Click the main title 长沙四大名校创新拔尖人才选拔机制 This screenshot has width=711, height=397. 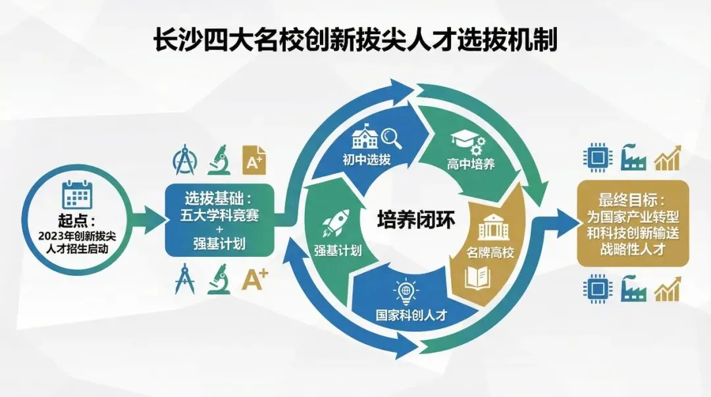355,40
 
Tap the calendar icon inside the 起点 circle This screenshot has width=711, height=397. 76,194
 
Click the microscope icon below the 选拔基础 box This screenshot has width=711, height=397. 219,278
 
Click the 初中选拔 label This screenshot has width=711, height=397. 365,160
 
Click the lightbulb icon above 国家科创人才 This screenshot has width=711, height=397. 403,290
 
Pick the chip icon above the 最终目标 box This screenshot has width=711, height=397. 594,158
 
